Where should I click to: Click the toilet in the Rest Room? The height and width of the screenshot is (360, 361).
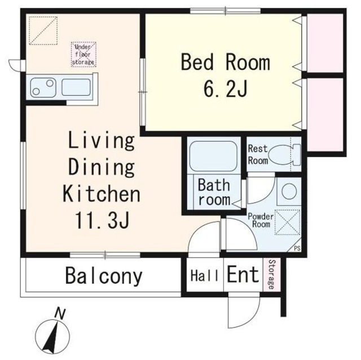(x=284, y=155)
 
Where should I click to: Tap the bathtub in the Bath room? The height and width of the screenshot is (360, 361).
(x=213, y=156)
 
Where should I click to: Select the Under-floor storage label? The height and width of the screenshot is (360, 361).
(x=83, y=55)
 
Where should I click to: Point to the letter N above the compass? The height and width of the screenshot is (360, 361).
(x=60, y=314)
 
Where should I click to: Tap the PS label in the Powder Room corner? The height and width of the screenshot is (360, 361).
(x=297, y=248)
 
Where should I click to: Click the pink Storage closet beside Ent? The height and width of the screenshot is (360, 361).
(x=272, y=275)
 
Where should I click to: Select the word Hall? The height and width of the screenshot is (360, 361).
(x=204, y=275)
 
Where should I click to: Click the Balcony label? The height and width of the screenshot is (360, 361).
(x=104, y=276)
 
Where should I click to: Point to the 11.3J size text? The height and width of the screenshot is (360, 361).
(x=102, y=220)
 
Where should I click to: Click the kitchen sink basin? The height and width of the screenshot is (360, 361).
(x=76, y=87)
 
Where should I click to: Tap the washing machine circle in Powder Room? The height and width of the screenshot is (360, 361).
(x=289, y=192)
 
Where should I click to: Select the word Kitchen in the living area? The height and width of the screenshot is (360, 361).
(x=102, y=193)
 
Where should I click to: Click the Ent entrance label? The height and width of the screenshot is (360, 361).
(x=243, y=274)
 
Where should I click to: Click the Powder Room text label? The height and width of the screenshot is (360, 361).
(x=261, y=220)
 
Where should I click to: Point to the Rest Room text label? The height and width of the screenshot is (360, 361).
(x=258, y=155)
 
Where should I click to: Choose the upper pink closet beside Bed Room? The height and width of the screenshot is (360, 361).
(x=325, y=43)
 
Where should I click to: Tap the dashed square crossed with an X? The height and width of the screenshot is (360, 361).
(x=288, y=223)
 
